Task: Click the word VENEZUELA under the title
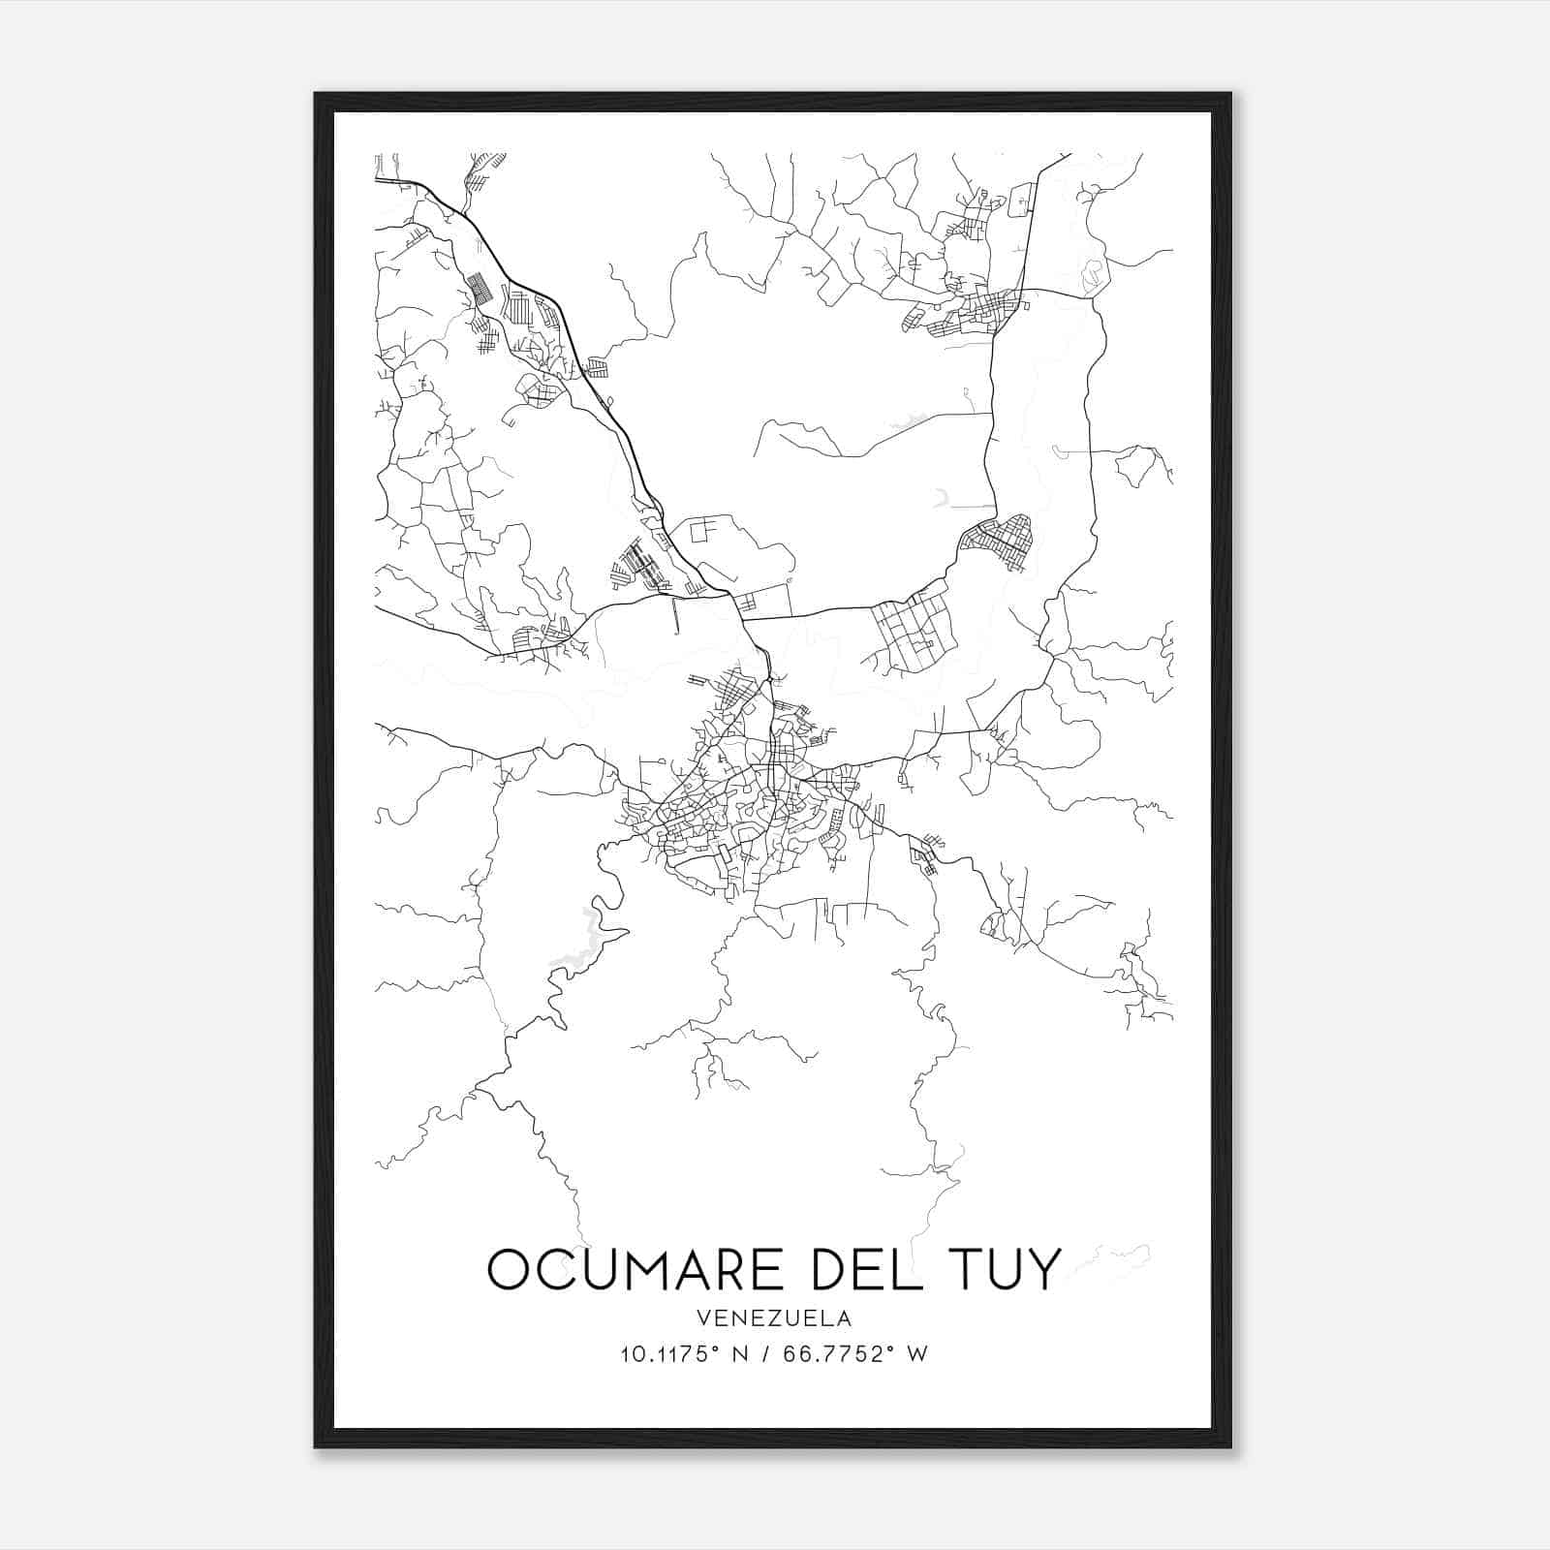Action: point(774,1318)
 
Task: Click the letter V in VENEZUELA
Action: point(702,1318)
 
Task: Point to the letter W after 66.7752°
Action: point(917,1354)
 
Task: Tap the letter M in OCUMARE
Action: point(643,1269)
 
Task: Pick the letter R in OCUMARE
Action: point(725,1269)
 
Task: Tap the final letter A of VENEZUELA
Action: point(846,1318)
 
